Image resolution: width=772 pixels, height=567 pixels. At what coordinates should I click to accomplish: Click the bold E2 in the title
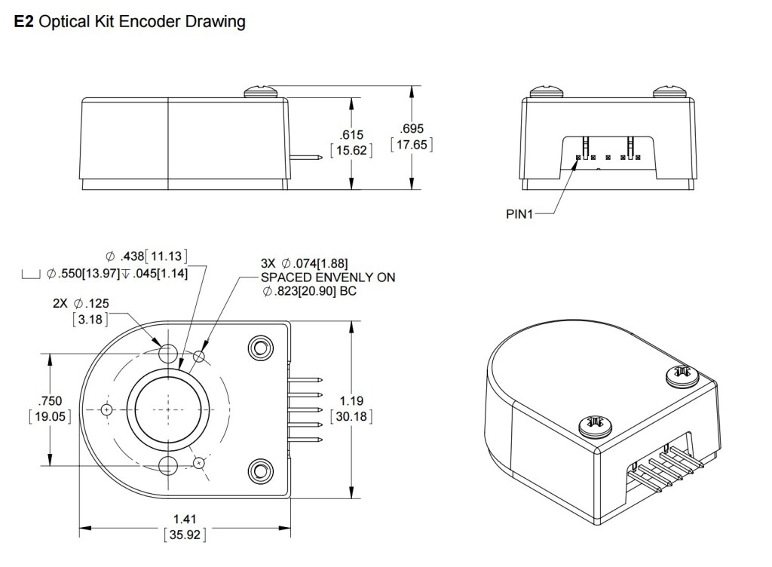pyautogui.click(x=23, y=22)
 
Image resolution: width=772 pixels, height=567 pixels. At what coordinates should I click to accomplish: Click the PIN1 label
pyautogui.click(x=519, y=213)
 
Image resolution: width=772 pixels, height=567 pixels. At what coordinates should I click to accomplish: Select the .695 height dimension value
pyautogui.click(x=412, y=129)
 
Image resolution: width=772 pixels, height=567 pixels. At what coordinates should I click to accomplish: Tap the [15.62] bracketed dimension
pyautogui.click(x=351, y=150)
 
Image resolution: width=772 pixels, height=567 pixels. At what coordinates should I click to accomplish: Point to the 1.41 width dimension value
pyautogui.click(x=185, y=519)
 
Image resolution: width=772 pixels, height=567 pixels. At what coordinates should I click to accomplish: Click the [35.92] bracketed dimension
pyautogui.click(x=185, y=536)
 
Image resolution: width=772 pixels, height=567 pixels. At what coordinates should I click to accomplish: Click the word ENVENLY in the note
pyautogui.click(x=326, y=277)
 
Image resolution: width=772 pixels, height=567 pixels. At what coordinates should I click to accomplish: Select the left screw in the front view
pyautogui.click(x=547, y=93)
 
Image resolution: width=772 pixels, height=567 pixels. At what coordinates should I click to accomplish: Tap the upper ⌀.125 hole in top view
pyautogui.click(x=168, y=353)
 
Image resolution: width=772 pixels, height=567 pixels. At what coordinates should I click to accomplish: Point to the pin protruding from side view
pyautogui.click(x=307, y=158)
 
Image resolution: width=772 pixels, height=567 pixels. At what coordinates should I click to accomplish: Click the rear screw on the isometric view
pyautogui.click(x=681, y=372)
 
